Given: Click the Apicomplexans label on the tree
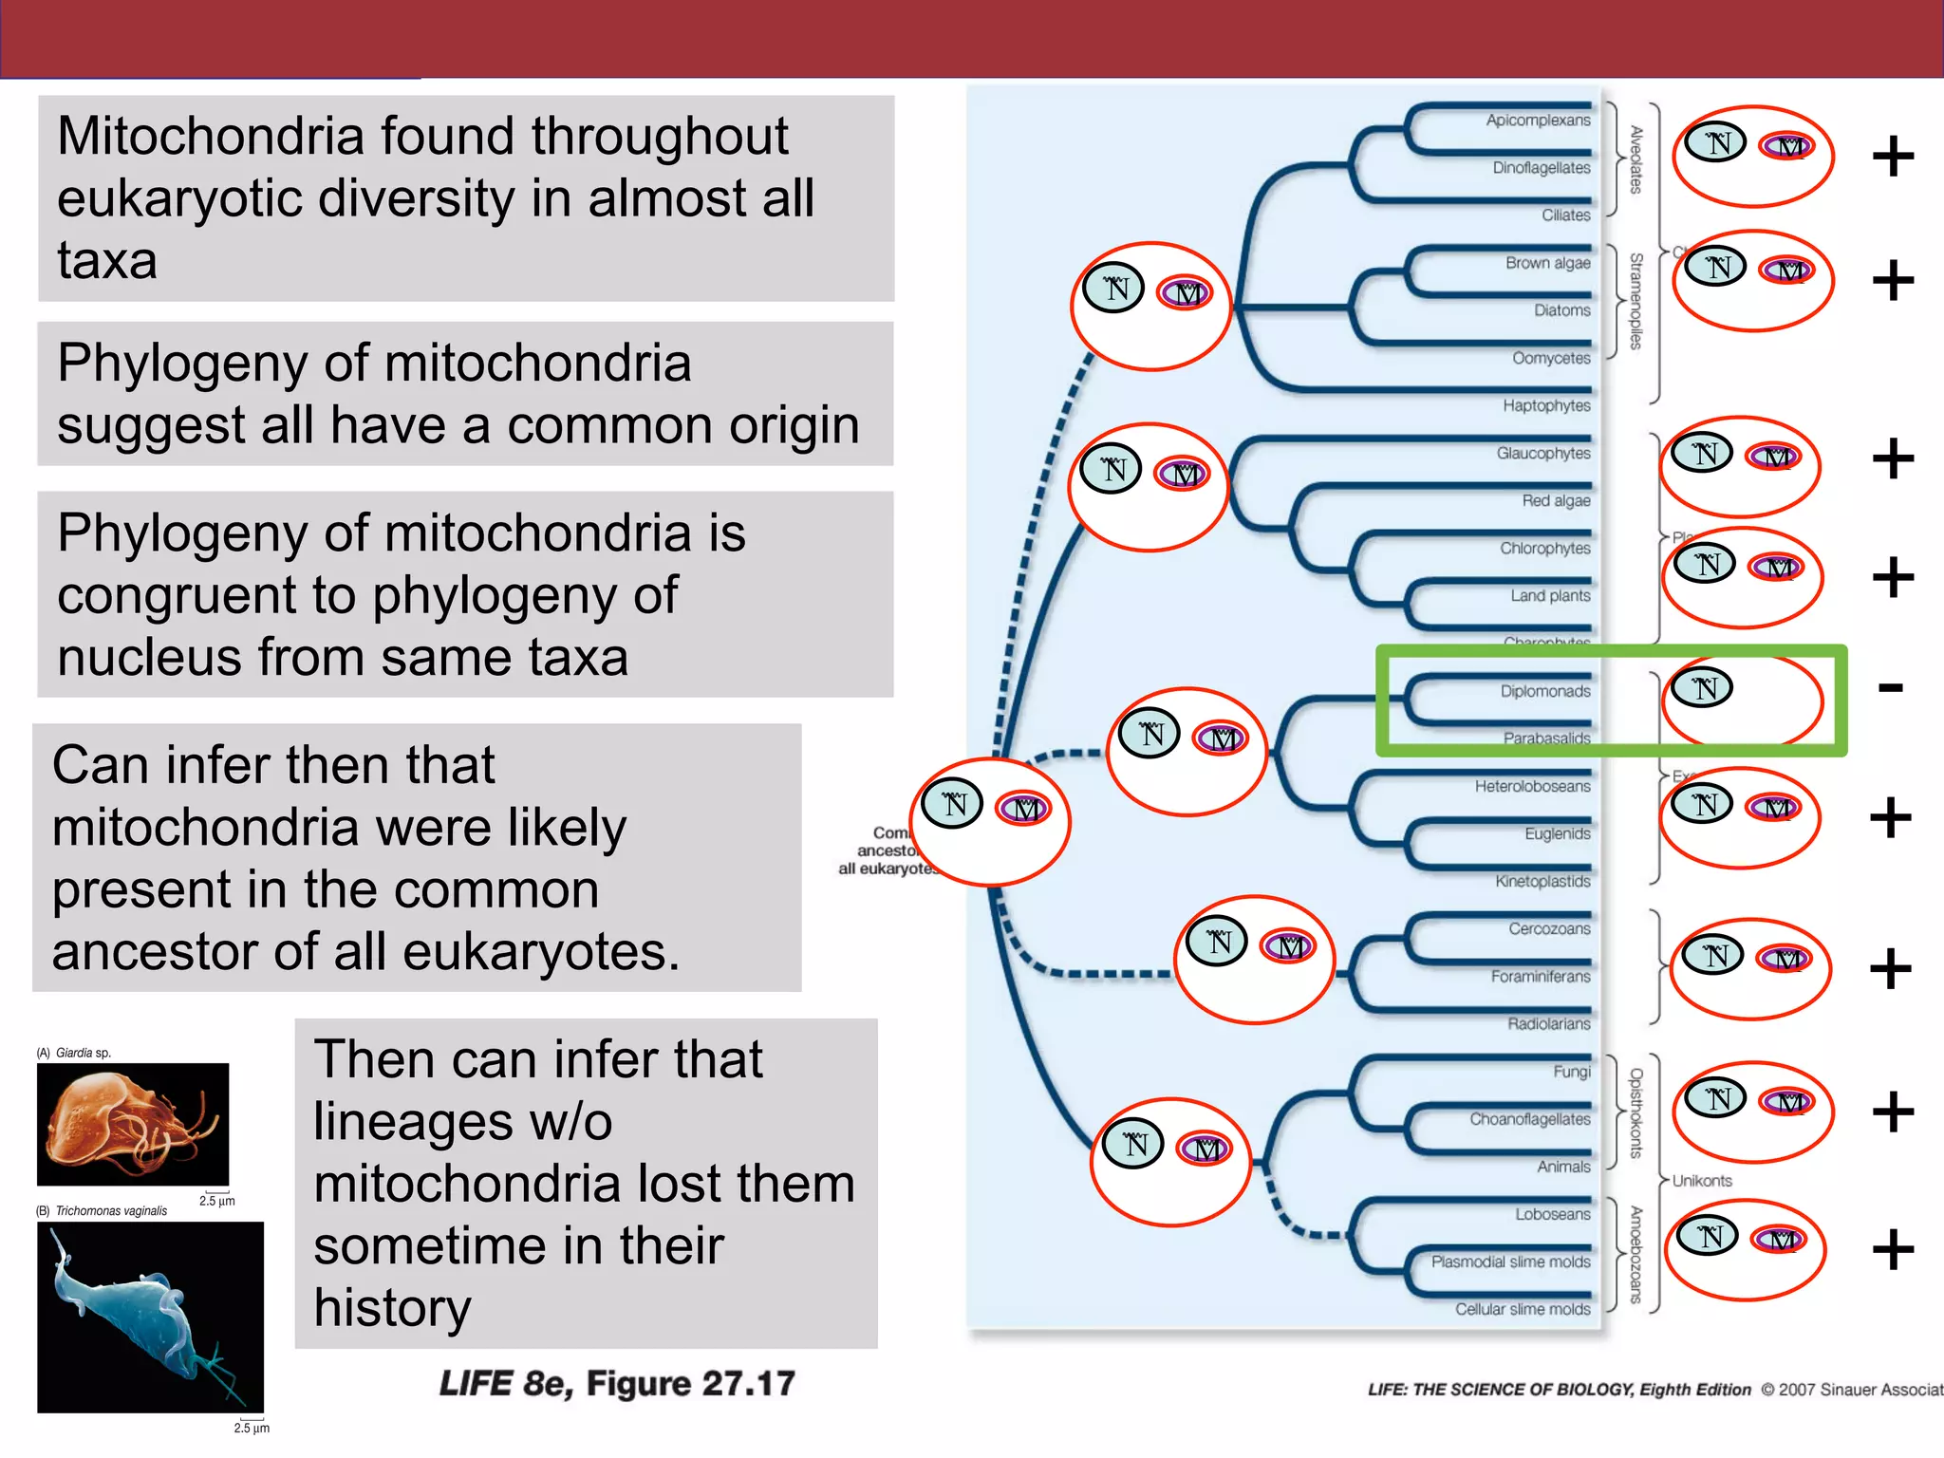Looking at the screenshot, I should pos(1538,121).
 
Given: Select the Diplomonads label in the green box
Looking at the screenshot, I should pos(1544,691).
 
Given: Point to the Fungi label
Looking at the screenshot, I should pos(1571,1072).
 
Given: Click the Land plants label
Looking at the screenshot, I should pos(1550,596).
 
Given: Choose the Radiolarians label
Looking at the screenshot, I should pos(1548,1024).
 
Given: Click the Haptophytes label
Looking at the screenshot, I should pos(1546,406).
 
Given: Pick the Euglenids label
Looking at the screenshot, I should pos(1557,833).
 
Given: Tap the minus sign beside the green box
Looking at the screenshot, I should pos(1890,687).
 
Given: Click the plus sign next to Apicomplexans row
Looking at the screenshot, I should pos(1893,157).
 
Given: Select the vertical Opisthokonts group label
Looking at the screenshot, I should pos(1636,1112).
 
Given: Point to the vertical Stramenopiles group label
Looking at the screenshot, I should pos(1636,301).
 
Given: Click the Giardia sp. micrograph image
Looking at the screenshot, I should pos(132,1124).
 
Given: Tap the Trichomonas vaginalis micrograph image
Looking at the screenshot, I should pos(150,1317).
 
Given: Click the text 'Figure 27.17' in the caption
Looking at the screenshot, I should pos(690,1384).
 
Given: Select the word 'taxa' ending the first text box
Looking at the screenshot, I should pos(106,261).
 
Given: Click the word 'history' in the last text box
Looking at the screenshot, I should pos(392,1308).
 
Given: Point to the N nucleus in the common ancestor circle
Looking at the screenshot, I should pos(952,803).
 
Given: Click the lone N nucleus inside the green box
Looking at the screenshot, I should pos(1703,687).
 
